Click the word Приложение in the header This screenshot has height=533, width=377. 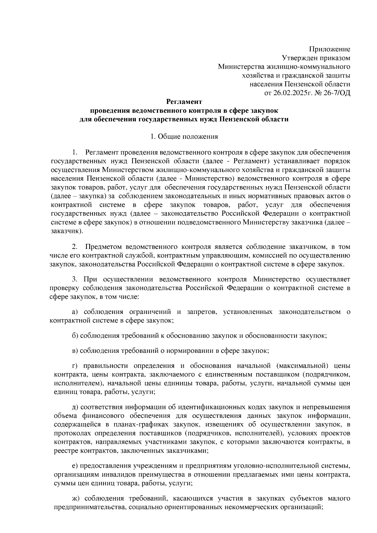click(x=330, y=49)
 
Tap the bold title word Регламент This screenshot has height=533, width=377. click(x=184, y=102)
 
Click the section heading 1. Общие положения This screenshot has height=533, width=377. click(x=184, y=137)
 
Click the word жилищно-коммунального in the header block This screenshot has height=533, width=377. click(x=308, y=67)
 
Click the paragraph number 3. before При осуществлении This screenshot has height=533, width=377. click(x=75, y=279)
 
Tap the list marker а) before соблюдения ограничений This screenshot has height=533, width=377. click(x=75, y=312)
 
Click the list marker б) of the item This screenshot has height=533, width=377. click(x=75, y=336)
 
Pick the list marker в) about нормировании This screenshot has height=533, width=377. click(x=75, y=351)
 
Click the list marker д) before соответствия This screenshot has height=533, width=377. click(x=75, y=407)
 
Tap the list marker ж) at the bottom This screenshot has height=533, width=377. click(x=75, y=498)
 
